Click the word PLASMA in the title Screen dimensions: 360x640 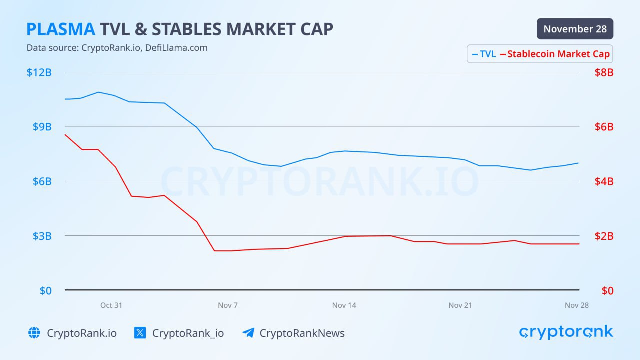[x=60, y=29]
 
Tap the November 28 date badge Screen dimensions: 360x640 [x=575, y=29]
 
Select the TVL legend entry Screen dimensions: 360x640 [x=484, y=54]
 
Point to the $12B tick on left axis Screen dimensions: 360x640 [x=39, y=72]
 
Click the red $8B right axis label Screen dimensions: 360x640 [x=604, y=72]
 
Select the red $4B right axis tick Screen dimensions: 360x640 [x=604, y=181]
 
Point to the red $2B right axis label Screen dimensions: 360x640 [x=604, y=236]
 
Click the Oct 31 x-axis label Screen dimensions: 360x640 [x=111, y=305]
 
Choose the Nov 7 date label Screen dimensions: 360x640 [x=228, y=305]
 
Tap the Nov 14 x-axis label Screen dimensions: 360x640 [x=344, y=305]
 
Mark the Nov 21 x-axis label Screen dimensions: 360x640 [x=460, y=305]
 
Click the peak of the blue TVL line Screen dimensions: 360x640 [x=98, y=92]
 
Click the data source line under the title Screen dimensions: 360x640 [x=117, y=48]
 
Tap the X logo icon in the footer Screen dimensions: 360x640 [x=140, y=333]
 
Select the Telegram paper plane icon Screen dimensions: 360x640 [x=248, y=333]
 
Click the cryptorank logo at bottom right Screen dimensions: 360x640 [x=566, y=332]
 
